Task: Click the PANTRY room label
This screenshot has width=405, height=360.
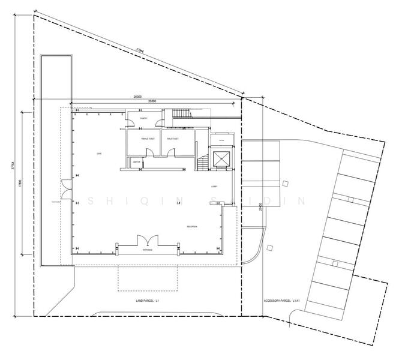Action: click(x=144, y=119)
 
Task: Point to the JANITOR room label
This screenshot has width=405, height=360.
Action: click(x=137, y=162)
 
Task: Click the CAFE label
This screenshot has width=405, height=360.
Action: click(x=99, y=154)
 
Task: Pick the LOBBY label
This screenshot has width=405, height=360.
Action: click(x=214, y=187)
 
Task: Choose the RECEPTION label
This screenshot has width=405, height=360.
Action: click(x=192, y=226)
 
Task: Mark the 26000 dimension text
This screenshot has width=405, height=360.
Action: click(x=137, y=96)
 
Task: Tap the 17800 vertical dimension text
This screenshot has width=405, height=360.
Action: click(x=20, y=183)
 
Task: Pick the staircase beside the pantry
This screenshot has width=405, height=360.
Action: click(x=181, y=115)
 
